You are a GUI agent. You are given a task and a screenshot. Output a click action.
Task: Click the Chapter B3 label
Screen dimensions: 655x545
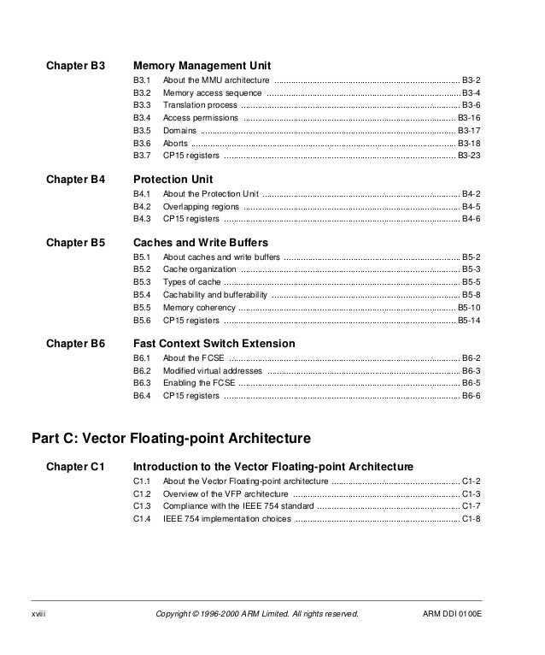coord(75,65)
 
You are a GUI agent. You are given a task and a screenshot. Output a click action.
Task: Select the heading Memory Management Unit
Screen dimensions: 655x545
coord(202,65)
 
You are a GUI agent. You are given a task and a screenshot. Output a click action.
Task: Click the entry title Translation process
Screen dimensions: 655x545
coord(201,104)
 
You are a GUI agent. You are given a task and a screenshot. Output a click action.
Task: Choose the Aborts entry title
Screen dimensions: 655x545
coord(175,144)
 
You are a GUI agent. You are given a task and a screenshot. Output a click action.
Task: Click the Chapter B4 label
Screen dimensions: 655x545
coord(75,180)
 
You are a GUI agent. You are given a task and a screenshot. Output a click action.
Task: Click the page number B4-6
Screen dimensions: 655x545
coord(471,220)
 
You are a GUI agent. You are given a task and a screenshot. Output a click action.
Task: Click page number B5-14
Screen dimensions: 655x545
coord(469,321)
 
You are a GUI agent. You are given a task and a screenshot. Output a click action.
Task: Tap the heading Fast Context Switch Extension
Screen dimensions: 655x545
coord(214,344)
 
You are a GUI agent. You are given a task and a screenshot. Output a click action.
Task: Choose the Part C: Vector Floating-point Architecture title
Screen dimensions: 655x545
coord(171,439)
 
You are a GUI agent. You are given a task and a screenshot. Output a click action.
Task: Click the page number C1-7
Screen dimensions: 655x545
coord(471,506)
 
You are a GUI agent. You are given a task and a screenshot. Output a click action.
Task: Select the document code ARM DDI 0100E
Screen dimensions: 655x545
coord(452,614)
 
